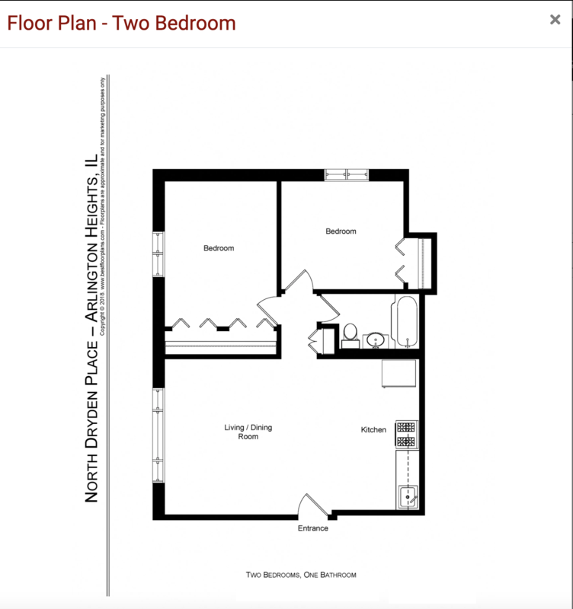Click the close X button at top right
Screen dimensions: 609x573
click(555, 20)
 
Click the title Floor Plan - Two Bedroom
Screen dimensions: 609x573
click(121, 23)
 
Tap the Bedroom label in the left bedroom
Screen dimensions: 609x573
click(218, 248)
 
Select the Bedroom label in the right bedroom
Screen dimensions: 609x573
click(341, 231)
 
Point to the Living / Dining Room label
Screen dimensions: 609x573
click(248, 432)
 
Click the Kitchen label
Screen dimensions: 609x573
click(373, 430)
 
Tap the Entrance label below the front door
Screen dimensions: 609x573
click(312, 528)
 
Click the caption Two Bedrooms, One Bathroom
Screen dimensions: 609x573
click(301, 575)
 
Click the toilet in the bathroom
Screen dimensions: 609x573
click(351, 334)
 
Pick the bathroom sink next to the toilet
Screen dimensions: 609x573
click(374, 340)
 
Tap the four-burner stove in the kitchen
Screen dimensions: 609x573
click(406, 434)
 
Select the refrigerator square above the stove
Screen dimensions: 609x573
click(399, 375)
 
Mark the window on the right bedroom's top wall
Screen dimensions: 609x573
click(347, 174)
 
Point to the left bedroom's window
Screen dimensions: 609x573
click(158, 253)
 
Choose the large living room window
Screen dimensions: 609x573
click(158, 435)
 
